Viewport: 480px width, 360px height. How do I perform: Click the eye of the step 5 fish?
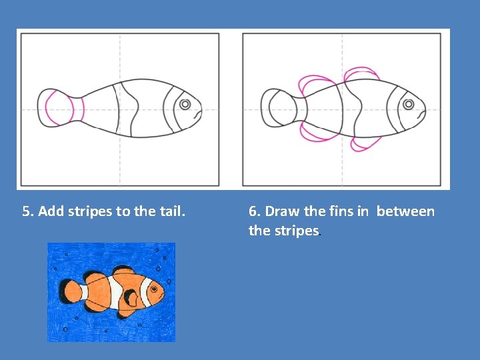(185, 104)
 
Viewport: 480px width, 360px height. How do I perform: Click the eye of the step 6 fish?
(409, 104)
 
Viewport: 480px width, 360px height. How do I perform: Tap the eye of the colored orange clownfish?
(154, 289)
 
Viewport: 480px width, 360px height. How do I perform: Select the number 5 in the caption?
(26, 211)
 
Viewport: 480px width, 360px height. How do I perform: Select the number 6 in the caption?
(252, 211)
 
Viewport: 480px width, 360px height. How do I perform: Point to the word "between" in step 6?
(405, 211)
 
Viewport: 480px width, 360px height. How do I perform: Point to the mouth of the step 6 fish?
(421, 114)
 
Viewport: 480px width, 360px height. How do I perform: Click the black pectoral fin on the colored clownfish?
(131, 297)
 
